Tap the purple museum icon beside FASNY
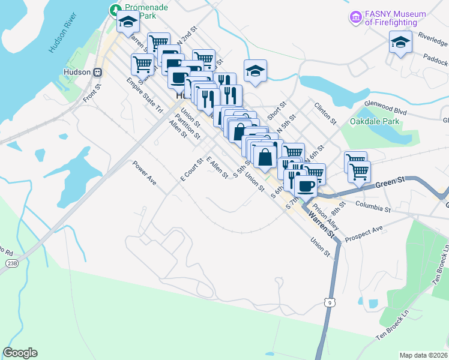pos(356,18)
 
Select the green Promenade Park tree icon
pos(113,10)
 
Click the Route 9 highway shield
pos(329,302)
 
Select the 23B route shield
pos(11,263)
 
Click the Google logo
pos(20,353)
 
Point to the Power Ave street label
pos(145,173)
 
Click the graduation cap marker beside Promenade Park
pos(128,22)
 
